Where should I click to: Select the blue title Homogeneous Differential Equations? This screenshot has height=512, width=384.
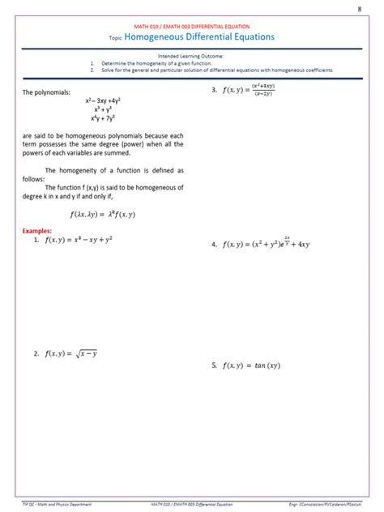199,37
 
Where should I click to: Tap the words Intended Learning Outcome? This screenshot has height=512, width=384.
192,56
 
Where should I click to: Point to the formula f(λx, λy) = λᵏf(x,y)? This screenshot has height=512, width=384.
103,214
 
